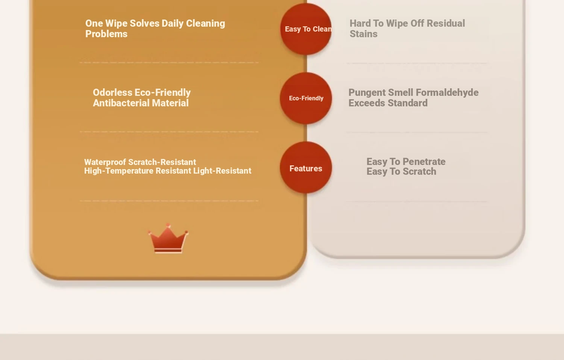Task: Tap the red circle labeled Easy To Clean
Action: pos(306,29)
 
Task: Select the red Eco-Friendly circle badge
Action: pos(306,98)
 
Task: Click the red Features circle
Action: pos(306,168)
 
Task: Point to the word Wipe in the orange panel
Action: pos(116,24)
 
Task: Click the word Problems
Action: pos(106,34)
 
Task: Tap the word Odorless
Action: pos(112,92)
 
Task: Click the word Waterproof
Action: pos(105,162)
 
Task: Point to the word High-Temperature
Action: pos(118,171)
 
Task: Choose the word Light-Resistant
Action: pos(222,171)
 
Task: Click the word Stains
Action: pos(363,34)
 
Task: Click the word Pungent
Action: pos(367,93)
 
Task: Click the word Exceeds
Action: pos(367,103)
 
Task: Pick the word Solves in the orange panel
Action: pos(144,24)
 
